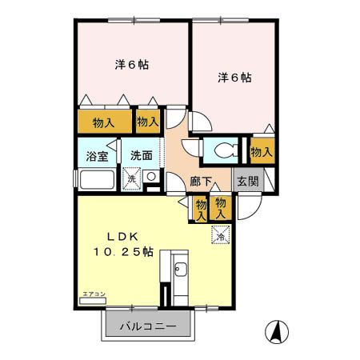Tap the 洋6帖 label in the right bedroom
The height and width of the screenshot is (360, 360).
(x=234, y=78)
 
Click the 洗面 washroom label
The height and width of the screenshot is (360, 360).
(x=142, y=154)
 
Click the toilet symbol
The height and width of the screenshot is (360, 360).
(x=226, y=150)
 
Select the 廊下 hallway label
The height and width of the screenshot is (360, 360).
(x=201, y=182)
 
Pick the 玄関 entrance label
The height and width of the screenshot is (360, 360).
(x=246, y=182)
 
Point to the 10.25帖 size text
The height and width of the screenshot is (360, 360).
(x=120, y=253)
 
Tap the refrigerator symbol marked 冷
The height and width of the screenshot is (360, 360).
(x=221, y=234)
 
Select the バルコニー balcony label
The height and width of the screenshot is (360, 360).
(x=148, y=326)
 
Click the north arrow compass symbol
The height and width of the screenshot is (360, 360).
(x=277, y=330)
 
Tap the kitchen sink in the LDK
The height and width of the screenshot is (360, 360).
(x=178, y=268)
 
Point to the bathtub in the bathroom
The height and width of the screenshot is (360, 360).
(x=97, y=179)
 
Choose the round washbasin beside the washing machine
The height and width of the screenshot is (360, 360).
(x=150, y=176)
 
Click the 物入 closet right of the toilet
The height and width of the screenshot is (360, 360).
(x=262, y=150)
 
